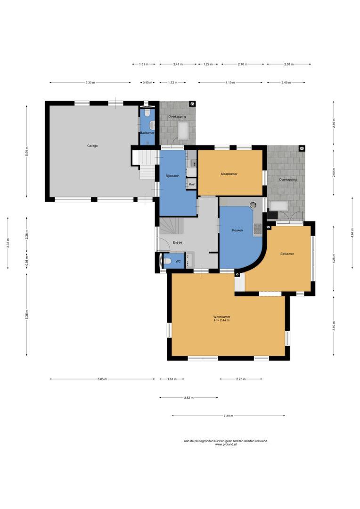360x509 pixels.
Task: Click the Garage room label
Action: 92,146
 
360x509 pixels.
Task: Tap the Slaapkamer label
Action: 229,174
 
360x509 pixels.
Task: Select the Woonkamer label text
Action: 222,317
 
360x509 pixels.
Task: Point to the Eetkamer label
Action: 287,254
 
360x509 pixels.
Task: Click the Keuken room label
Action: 237,230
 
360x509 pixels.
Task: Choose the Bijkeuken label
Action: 172,176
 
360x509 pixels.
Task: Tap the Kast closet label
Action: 192,184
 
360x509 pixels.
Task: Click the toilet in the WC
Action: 168,261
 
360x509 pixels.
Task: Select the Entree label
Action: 177,243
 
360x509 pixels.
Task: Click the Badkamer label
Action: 147,133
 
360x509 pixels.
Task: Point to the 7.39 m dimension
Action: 228,416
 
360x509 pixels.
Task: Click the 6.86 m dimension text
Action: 102,379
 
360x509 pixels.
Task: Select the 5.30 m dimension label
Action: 90,83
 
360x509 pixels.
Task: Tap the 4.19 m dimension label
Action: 230,83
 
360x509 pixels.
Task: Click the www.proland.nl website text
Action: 226,445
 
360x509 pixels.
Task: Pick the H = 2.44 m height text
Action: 222,320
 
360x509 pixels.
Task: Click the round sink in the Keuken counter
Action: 253,205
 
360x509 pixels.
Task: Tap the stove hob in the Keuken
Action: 257,229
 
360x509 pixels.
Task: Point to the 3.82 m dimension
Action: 188,398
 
